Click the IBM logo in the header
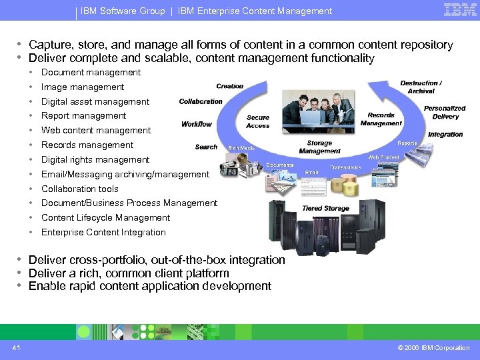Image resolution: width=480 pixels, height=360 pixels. coord(459,10)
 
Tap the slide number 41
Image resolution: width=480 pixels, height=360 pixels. coord(16,347)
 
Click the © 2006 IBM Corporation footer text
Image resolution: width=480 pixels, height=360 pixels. coord(433,348)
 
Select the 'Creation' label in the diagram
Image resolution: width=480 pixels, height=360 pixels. coord(230,86)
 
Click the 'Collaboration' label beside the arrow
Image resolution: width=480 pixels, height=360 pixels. coord(201,101)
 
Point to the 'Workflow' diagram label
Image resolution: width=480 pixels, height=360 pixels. coord(197,124)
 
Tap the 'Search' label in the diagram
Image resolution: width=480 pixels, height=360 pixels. coord(207,147)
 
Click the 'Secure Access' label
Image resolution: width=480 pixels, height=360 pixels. coord(258,121)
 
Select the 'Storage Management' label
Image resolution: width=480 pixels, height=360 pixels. coord(319,147)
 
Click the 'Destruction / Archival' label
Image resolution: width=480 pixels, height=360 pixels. coord(421,87)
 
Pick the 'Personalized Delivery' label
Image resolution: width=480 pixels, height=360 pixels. coord(445,112)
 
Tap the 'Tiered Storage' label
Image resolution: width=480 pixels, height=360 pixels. coord(325,208)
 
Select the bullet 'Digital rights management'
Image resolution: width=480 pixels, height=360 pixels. coord(95,160)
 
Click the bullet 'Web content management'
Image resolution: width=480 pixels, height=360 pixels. coord(96,131)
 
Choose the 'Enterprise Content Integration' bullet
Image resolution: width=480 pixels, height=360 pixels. coord(103,233)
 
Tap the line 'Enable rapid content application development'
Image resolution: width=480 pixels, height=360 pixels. coord(150,287)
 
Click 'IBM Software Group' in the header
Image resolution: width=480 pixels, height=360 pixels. coord(123,11)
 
